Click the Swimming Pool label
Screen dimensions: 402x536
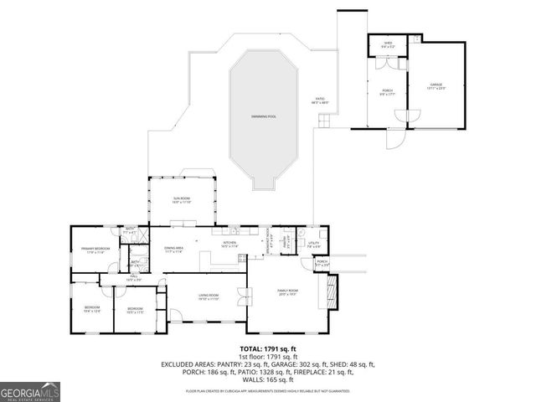264,116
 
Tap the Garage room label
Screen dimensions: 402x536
436,85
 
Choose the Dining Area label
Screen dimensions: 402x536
174,250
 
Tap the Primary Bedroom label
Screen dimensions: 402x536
93,250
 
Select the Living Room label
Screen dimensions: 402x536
208,296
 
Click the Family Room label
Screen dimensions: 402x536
288,291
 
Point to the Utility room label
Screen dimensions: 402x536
313,245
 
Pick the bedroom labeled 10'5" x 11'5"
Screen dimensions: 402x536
136,310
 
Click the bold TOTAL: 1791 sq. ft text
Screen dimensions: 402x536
268,348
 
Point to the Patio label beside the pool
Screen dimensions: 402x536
320,100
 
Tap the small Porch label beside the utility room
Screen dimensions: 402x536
322,263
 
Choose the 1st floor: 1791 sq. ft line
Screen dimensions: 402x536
268,358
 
